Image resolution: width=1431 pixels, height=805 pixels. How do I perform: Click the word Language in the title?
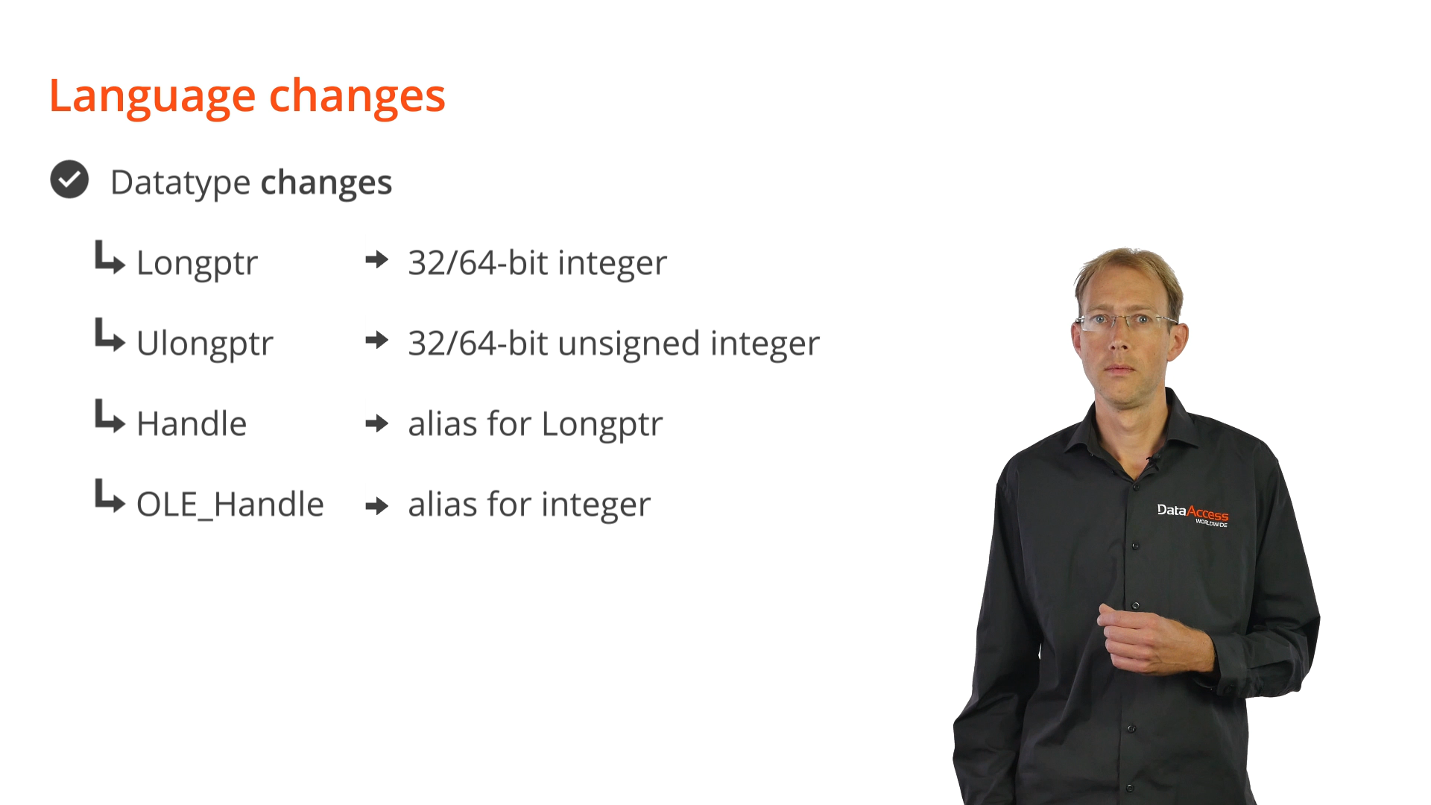[152, 97]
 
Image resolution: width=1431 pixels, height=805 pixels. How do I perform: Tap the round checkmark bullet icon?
[69, 180]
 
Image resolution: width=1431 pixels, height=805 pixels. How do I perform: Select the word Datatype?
[180, 183]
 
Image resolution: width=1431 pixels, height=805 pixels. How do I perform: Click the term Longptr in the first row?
[197, 264]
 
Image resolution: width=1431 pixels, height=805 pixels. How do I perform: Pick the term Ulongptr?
[205, 344]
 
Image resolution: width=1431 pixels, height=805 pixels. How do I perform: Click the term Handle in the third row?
[192, 423]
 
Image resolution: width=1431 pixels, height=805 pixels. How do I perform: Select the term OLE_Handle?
[230, 505]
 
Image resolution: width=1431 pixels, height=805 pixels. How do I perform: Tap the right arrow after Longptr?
[377, 259]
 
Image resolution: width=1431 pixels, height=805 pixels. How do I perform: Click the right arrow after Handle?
[377, 423]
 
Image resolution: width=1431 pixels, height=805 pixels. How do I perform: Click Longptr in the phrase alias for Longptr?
[602, 425]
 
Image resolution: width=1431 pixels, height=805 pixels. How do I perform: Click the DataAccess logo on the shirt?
[1192, 514]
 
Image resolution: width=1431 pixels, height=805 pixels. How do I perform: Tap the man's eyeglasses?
[1125, 322]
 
